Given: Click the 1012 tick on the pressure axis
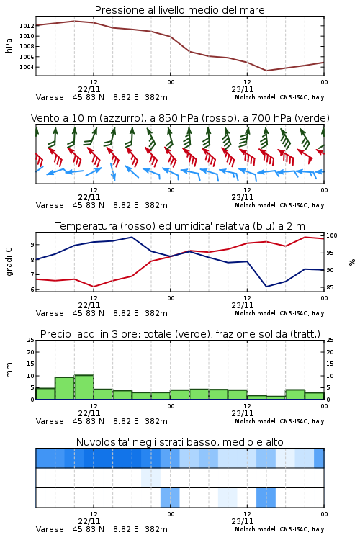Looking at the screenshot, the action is click(x=27, y=26).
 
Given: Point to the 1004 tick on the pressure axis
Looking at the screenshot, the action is click(x=27, y=67).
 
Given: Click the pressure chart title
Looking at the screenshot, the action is click(x=180, y=10).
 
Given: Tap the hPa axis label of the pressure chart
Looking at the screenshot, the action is click(x=9, y=45).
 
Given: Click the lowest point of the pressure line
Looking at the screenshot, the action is click(x=266, y=71).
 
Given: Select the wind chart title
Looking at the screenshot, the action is click(x=180, y=118).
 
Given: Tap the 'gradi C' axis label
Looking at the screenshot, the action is click(x=9, y=261).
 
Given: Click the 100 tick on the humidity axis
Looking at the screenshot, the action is click(x=332, y=235).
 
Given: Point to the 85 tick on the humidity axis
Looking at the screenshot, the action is click(x=330, y=287).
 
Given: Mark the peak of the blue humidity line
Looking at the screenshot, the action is click(x=132, y=237).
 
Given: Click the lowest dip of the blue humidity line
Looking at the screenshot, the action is click(x=266, y=287).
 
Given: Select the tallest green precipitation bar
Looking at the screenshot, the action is click(x=84, y=387).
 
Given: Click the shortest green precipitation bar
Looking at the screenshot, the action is click(x=276, y=397).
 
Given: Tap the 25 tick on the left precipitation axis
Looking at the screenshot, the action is click(x=31, y=341).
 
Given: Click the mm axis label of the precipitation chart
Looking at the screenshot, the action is click(x=9, y=370).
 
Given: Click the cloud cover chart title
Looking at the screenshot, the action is click(x=180, y=442).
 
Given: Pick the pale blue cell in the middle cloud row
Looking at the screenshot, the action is click(x=151, y=477).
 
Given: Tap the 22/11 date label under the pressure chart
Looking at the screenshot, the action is click(x=89, y=89).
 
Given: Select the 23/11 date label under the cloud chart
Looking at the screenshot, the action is click(x=243, y=521).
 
